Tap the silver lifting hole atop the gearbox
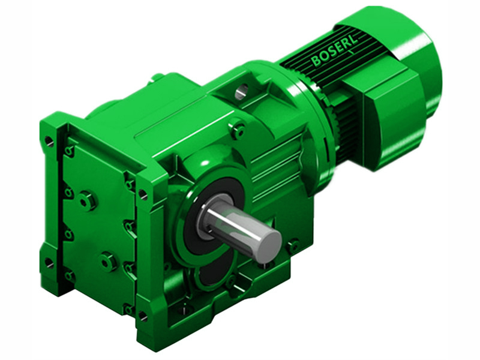point(241,91)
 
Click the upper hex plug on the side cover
point(88,200)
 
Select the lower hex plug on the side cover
point(107,261)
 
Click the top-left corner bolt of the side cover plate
point(70,151)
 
